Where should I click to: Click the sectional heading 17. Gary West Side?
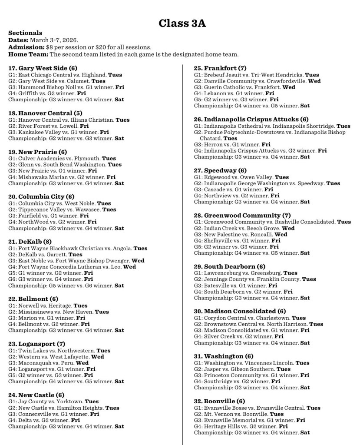43,68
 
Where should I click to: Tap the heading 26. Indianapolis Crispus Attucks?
251,119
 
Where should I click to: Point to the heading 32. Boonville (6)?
219,401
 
